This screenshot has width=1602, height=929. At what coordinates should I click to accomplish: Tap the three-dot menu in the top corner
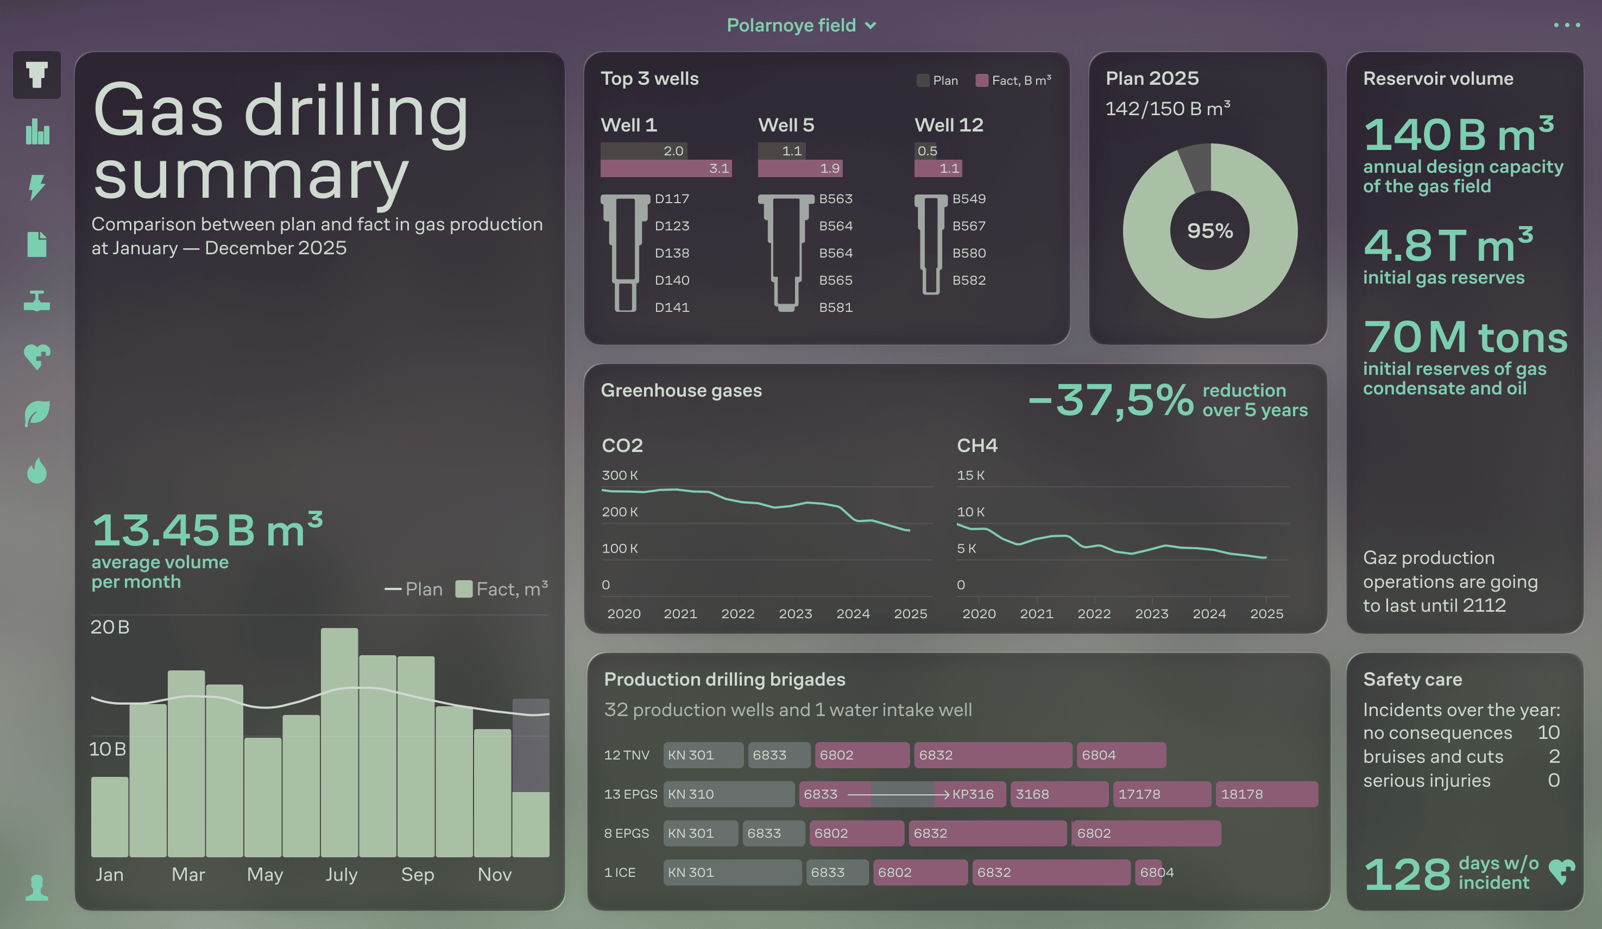(x=1566, y=26)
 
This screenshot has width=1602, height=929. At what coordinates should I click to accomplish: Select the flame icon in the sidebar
(x=37, y=471)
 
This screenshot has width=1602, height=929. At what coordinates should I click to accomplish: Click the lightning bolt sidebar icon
(x=37, y=187)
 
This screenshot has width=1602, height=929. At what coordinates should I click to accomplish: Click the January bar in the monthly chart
(x=109, y=817)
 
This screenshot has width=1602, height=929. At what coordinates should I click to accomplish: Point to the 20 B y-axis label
(x=110, y=627)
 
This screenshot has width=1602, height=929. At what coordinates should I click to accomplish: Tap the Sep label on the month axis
(x=417, y=874)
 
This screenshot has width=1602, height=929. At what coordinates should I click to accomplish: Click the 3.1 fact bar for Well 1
(x=666, y=168)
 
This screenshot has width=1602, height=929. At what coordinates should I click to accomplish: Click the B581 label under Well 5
(x=835, y=307)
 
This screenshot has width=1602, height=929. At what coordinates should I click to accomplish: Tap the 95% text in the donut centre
(x=1210, y=231)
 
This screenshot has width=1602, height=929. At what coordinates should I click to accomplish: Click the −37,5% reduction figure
(x=1111, y=400)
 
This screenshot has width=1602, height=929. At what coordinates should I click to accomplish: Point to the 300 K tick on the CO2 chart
(x=619, y=475)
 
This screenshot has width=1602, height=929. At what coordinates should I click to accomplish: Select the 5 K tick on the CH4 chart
(x=966, y=548)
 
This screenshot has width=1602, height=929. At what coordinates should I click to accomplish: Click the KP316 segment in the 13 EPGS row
(x=973, y=794)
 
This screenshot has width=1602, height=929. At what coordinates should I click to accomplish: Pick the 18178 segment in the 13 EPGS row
(x=1266, y=794)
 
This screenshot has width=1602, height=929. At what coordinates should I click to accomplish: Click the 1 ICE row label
(x=619, y=872)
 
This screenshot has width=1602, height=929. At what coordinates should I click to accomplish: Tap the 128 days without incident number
(x=1406, y=874)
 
